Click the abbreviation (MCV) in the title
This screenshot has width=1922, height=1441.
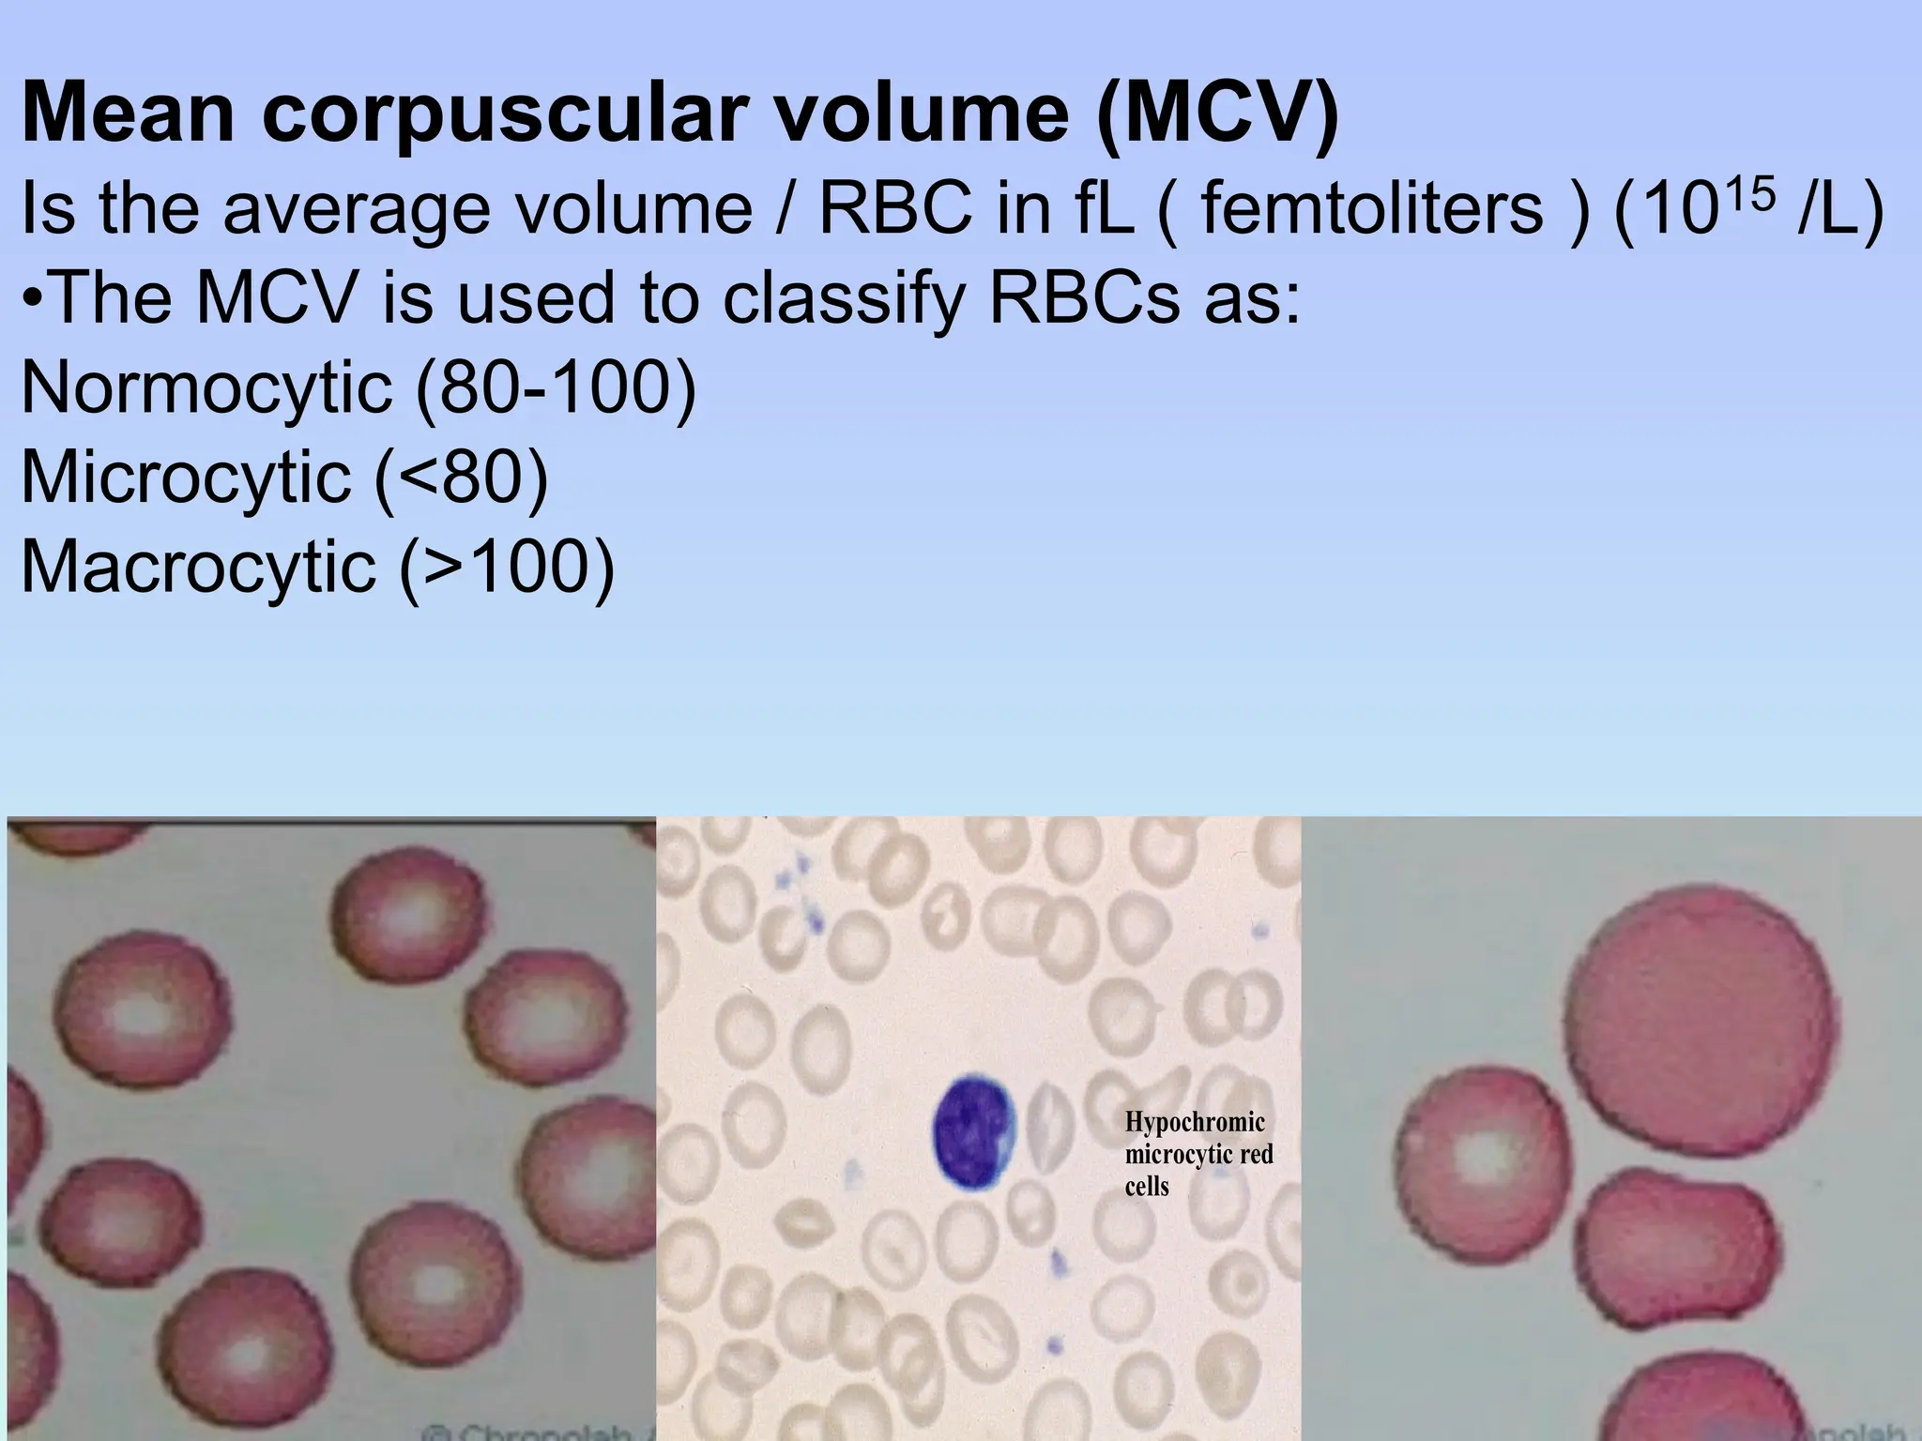tap(1218, 114)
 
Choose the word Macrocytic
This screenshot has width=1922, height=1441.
tap(198, 567)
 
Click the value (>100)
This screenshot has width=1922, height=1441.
tap(507, 567)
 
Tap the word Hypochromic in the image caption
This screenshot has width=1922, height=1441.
tap(1195, 1122)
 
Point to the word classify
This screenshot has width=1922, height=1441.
tap(843, 298)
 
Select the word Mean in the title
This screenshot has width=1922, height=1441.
tap(127, 114)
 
